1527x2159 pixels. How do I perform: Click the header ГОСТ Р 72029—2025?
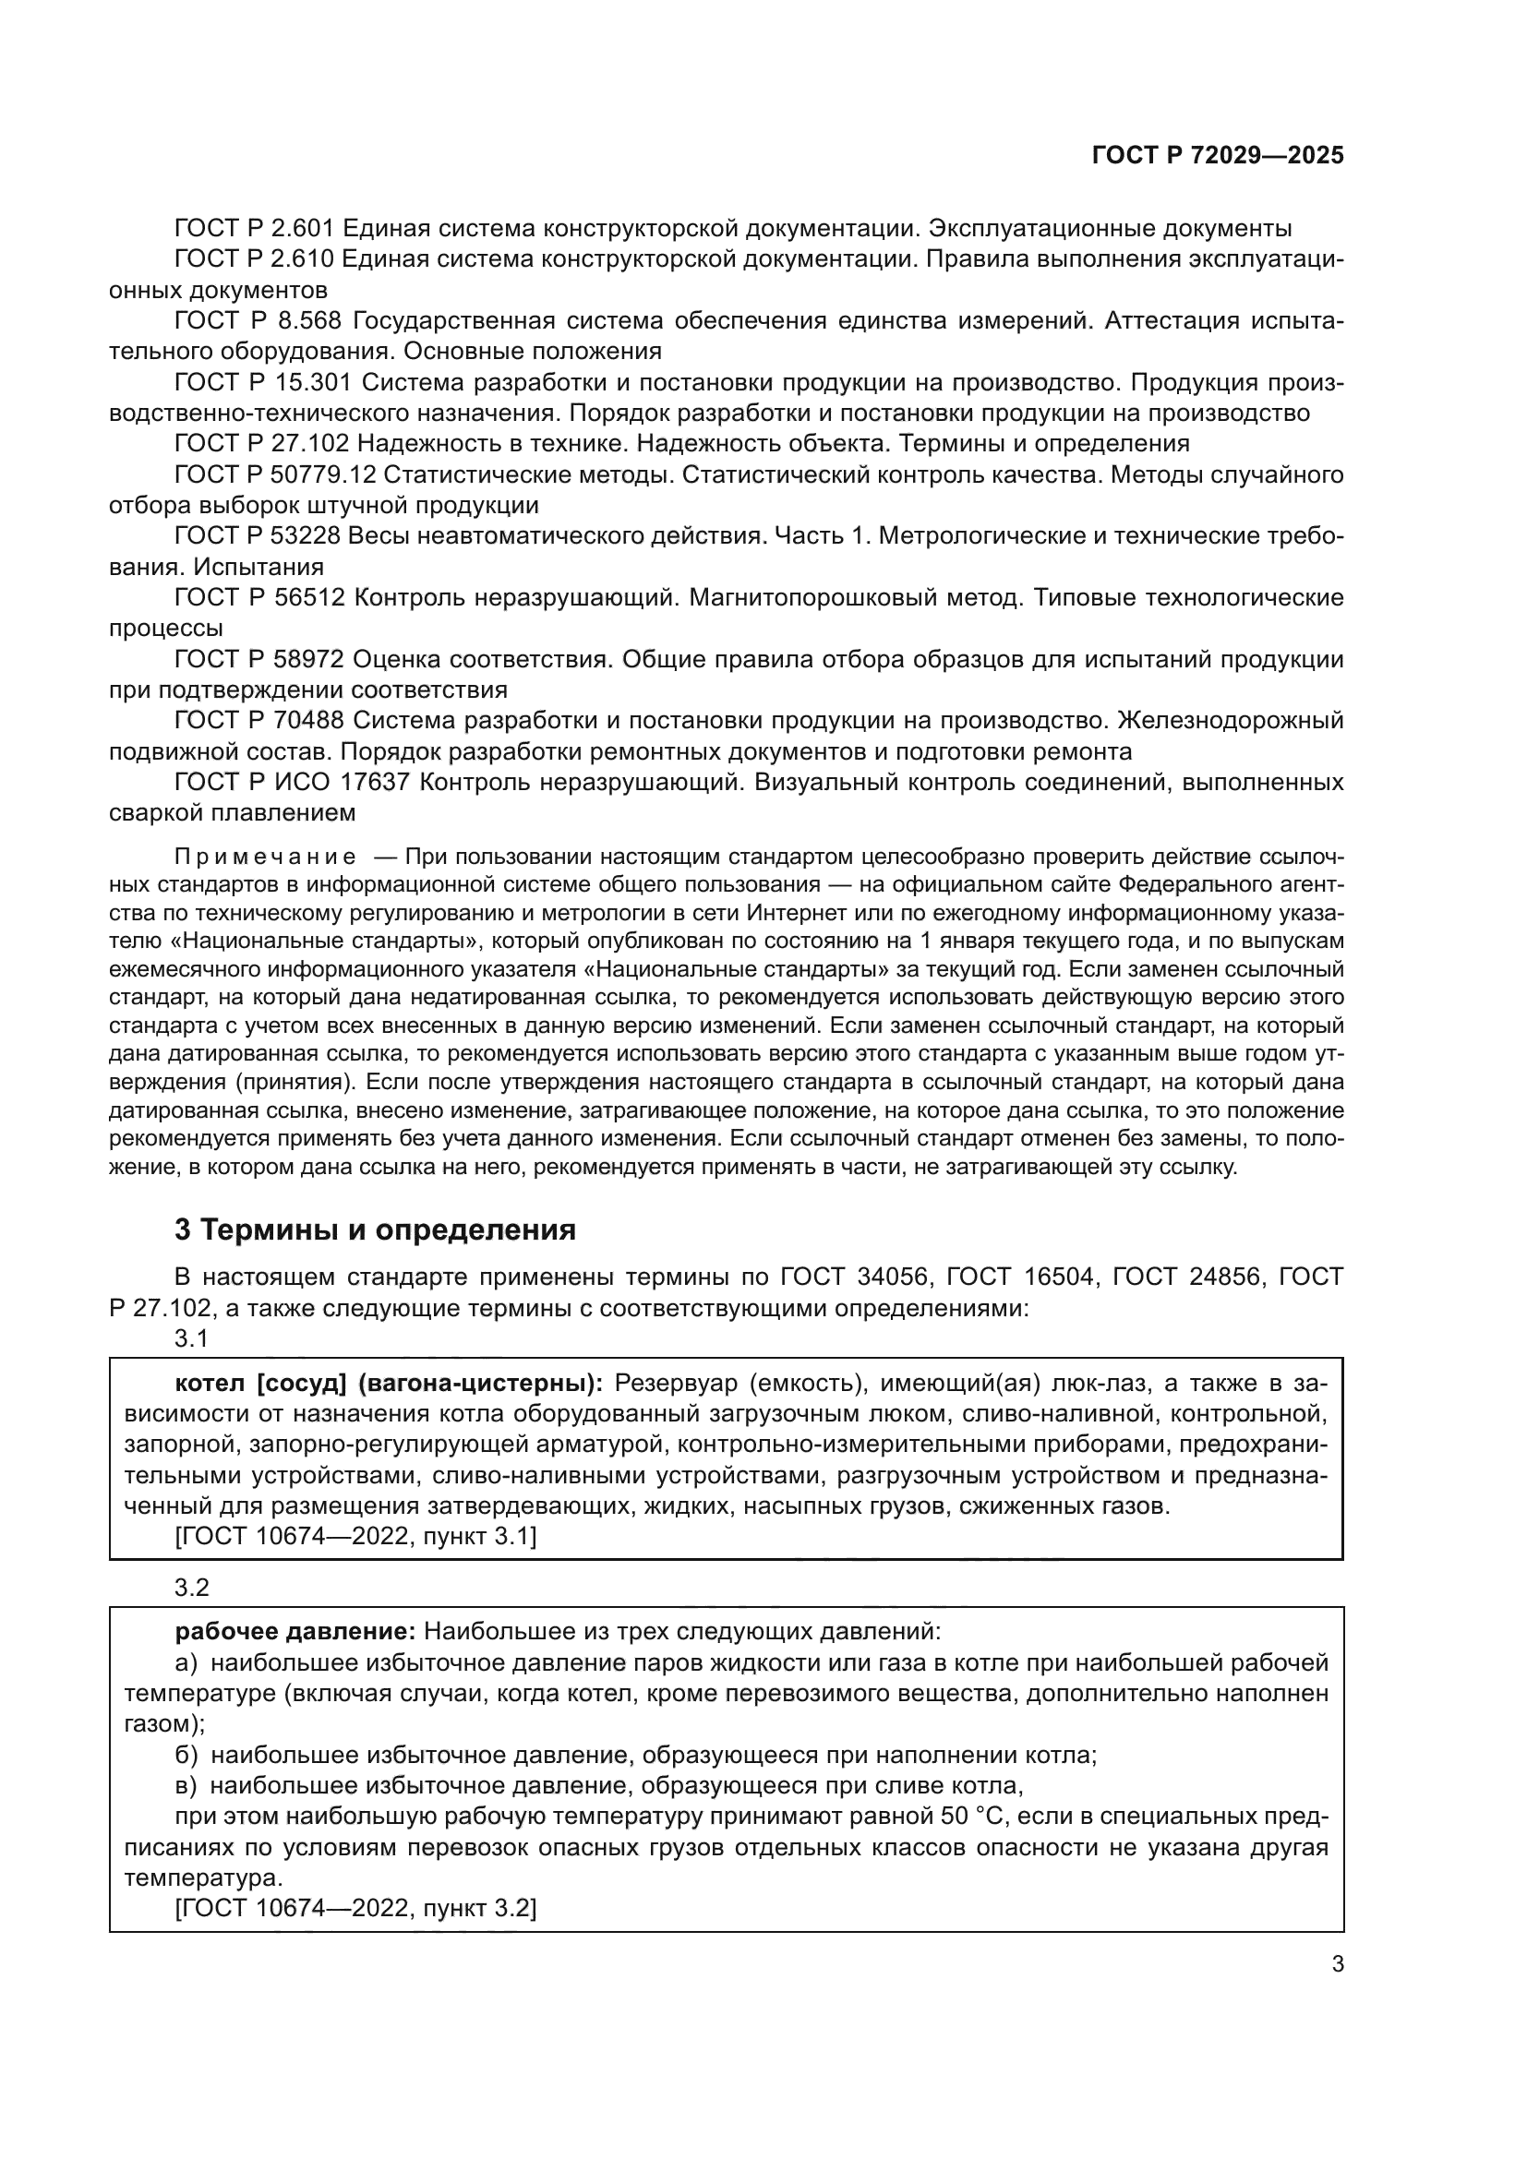pyautogui.click(x=1218, y=156)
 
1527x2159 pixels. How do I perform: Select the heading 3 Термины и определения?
pyautogui.click(x=375, y=1229)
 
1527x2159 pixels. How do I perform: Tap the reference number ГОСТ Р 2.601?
pyautogui.click(x=254, y=229)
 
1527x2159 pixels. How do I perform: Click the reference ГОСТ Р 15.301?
pyautogui.click(x=262, y=383)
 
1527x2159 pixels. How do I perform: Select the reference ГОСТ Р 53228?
pyautogui.click(x=260, y=536)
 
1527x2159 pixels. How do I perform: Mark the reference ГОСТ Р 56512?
pyautogui.click(x=260, y=598)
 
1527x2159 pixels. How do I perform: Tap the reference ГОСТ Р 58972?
pyautogui.click(x=260, y=659)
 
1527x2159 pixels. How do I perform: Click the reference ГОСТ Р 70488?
pyautogui.click(x=260, y=721)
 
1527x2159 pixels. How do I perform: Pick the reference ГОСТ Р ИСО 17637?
pyautogui.click(x=293, y=783)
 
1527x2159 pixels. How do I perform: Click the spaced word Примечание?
pyautogui.click(x=265, y=857)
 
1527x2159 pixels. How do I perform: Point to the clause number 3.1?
pyautogui.click(x=191, y=1338)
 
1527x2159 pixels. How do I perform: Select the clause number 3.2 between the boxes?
pyautogui.click(x=191, y=1588)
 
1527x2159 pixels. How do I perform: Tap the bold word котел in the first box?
pyautogui.click(x=210, y=1384)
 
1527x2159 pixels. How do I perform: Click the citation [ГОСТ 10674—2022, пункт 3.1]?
pyautogui.click(x=355, y=1537)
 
